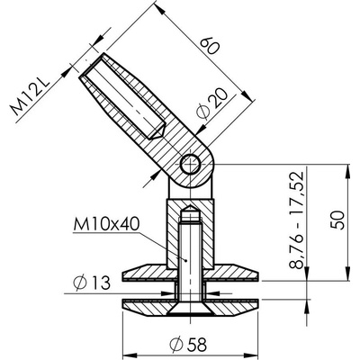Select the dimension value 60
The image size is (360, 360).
[210, 45]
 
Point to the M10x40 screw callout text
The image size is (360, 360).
[106, 224]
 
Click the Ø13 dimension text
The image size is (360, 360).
[92, 283]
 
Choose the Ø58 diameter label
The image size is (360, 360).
[188, 345]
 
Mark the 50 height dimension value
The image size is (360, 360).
[339, 220]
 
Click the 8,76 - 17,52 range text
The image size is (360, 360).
[297, 220]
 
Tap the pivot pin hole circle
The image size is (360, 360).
[191, 164]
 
